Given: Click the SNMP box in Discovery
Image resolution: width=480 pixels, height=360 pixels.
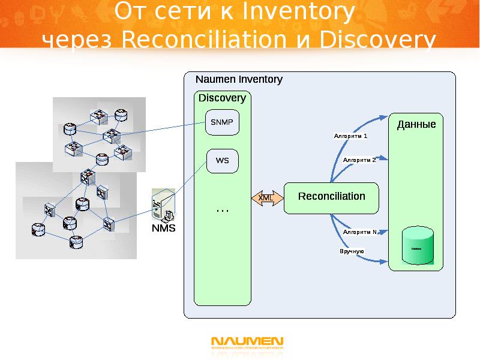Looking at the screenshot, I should [x=222, y=122].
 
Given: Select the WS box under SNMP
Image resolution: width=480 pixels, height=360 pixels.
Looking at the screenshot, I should [x=222, y=161].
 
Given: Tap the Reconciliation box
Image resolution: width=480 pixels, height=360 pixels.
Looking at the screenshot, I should [x=331, y=197].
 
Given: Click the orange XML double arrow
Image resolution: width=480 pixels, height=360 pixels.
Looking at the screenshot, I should [x=266, y=198].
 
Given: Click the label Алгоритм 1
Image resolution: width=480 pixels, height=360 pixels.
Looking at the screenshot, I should [x=351, y=136].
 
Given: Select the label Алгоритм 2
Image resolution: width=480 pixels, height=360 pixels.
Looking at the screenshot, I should [x=359, y=160].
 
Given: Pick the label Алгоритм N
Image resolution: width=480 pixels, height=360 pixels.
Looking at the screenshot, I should [x=360, y=232].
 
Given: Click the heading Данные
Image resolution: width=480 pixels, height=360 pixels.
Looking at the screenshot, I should [x=416, y=125].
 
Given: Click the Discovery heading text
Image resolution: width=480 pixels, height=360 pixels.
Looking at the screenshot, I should [x=222, y=98].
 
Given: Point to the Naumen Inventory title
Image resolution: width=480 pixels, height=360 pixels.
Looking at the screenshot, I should [x=239, y=79].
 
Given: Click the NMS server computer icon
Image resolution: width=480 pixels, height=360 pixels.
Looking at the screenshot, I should [x=163, y=206].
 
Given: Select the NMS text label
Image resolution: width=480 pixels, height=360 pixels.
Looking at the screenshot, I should [x=163, y=229].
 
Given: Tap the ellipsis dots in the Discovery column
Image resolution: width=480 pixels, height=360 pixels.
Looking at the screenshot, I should [x=222, y=210].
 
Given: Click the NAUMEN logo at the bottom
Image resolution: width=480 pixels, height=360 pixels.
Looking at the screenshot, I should [x=247, y=343].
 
